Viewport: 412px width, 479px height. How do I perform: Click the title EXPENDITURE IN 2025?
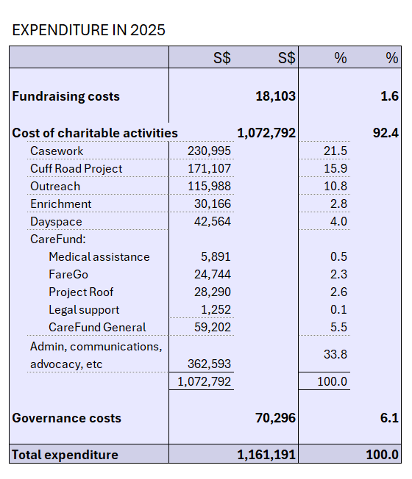pos(88,30)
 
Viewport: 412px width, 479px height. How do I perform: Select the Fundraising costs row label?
pos(65,96)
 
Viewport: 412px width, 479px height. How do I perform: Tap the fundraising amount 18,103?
pos(276,96)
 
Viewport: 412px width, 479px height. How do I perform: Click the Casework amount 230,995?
pos(209,151)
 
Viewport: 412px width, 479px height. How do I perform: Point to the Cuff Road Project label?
pos(77,169)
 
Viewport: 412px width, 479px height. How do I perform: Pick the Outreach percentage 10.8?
pos(335,186)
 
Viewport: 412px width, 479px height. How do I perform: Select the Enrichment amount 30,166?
pos(213,204)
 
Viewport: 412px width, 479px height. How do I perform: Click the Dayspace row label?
pos(56,222)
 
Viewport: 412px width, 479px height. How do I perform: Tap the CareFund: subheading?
pos(58,239)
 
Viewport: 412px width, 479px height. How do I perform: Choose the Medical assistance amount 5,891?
pos(216,256)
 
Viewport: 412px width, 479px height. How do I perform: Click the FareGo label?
pos(68,274)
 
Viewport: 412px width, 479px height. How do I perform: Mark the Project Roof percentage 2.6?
pos(338,292)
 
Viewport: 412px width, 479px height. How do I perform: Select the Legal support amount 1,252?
pos(216,309)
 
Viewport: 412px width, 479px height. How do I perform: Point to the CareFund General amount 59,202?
pos(213,327)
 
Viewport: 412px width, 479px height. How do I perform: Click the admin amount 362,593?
pos(209,364)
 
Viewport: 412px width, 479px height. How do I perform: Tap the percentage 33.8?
pos(335,354)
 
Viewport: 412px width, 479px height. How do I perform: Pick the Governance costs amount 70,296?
pos(276,418)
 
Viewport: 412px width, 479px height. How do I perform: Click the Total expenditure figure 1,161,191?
pos(266,455)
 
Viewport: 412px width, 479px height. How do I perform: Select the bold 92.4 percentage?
pos(386,133)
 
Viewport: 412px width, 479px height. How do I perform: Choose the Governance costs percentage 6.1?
pos(389,418)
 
